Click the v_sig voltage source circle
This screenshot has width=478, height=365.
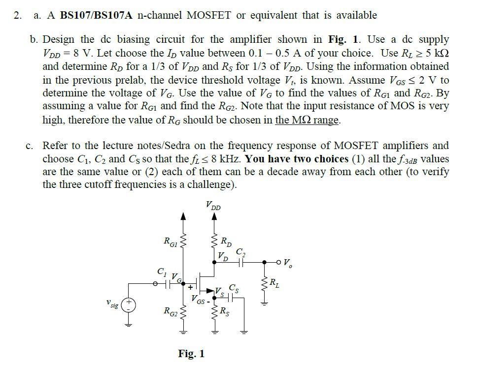coord(130,304)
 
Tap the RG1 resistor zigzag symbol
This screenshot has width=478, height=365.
coord(183,241)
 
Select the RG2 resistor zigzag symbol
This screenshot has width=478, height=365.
coord(183,311)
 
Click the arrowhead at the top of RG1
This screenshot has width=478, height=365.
coord(183,216)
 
